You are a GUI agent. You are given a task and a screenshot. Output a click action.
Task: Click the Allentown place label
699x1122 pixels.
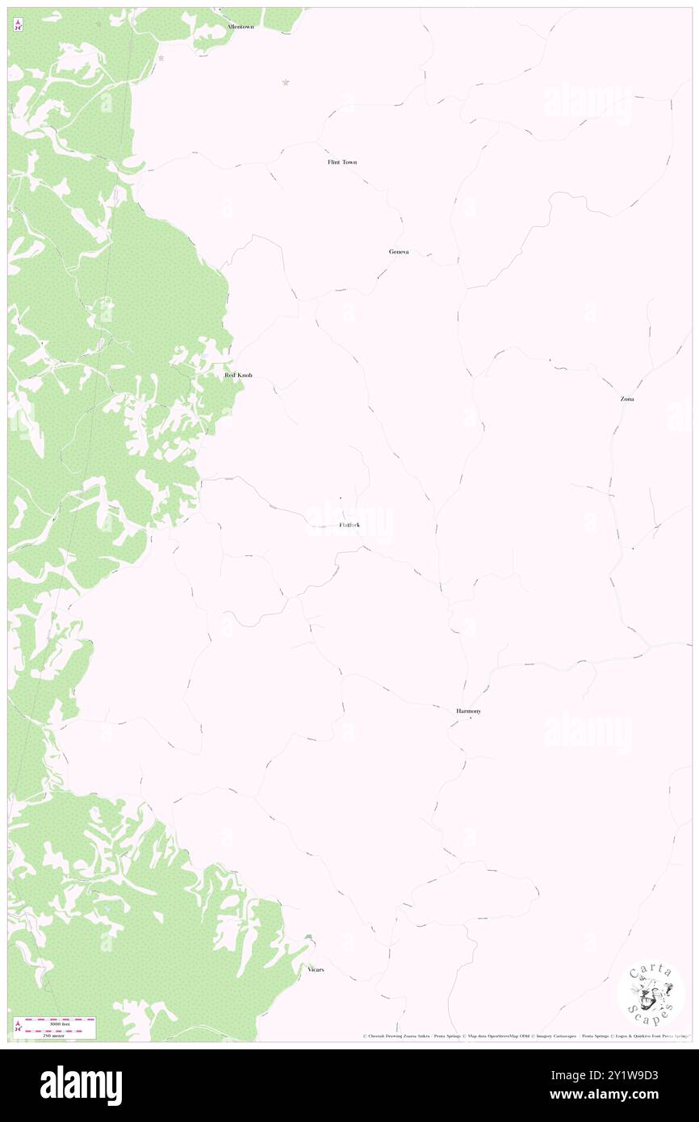[240, 27]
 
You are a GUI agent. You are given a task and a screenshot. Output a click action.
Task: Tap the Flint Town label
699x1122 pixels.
[341, 162]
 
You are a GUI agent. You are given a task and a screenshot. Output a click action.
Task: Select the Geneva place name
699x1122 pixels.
[399, 252]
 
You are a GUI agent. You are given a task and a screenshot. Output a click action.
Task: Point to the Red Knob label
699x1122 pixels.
[238, 375]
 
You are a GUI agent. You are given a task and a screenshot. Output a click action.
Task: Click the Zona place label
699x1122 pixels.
[627, 399]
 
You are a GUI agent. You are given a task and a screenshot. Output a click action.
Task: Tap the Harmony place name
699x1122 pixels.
[468, 711]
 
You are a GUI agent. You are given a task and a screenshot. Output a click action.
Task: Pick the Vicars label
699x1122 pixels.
[316, 969]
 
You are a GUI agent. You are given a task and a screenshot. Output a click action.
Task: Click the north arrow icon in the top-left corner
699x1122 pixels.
[18, 25]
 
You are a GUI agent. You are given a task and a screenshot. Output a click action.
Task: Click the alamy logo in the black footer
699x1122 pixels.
[81, 1085]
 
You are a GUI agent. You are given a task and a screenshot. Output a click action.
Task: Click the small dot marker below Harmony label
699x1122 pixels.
[471, 718]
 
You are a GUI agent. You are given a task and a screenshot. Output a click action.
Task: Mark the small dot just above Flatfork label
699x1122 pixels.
[341, 498]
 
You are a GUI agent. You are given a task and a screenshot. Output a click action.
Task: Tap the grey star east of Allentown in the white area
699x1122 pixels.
[285, 82]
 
